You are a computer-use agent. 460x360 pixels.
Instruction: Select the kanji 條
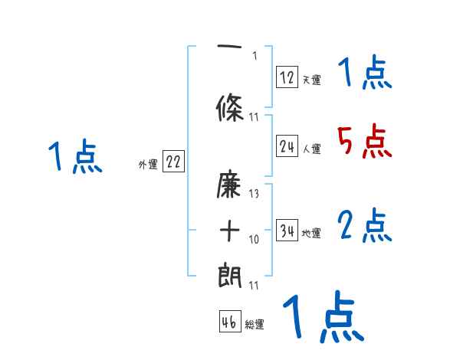[230, 109]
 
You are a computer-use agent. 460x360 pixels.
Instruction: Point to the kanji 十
[230, 230]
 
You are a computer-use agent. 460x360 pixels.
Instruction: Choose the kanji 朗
[230, 274]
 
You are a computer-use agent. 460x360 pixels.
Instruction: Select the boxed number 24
[287, 146]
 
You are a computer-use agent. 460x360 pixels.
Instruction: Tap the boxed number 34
[287, 231]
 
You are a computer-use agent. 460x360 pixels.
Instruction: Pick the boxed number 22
[173, 162]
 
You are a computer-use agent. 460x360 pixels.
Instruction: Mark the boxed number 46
[229, 322]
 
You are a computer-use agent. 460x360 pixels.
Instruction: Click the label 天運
[311, 80]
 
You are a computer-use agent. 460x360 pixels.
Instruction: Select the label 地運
[311, 234]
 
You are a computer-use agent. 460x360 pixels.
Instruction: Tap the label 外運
[147, 164]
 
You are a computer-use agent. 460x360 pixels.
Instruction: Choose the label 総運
[255, 325]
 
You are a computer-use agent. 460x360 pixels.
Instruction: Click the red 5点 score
[364, 141]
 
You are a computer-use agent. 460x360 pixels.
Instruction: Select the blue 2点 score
[364, 226]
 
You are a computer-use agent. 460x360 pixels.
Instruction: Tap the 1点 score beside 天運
[364, 74]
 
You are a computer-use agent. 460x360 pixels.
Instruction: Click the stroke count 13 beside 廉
[254, 195]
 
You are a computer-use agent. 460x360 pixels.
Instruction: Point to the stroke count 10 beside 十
[254, 240]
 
